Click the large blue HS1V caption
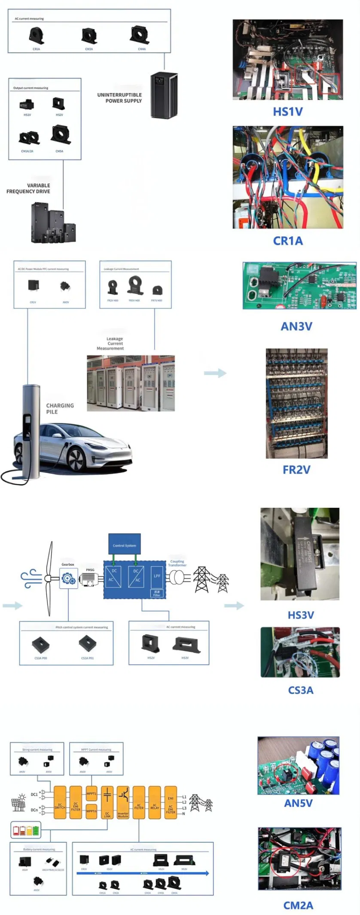[288, 112]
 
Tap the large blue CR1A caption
[288, 241]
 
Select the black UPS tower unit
[164, 95]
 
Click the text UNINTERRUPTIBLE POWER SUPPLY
[119, 98]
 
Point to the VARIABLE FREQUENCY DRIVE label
[28, 189]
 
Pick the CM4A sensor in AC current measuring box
[140, 35]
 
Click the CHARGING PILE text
[60, 409]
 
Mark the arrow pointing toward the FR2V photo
[215, 373]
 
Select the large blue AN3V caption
[296, 326]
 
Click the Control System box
[124, 545]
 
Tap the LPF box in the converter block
[157, 576]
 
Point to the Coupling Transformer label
[177, 563]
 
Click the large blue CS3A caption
[300, 690]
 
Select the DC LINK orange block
[107, 802]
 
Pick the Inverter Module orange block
[123, 802]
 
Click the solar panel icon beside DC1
[18, 804]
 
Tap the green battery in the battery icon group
[36, 831]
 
